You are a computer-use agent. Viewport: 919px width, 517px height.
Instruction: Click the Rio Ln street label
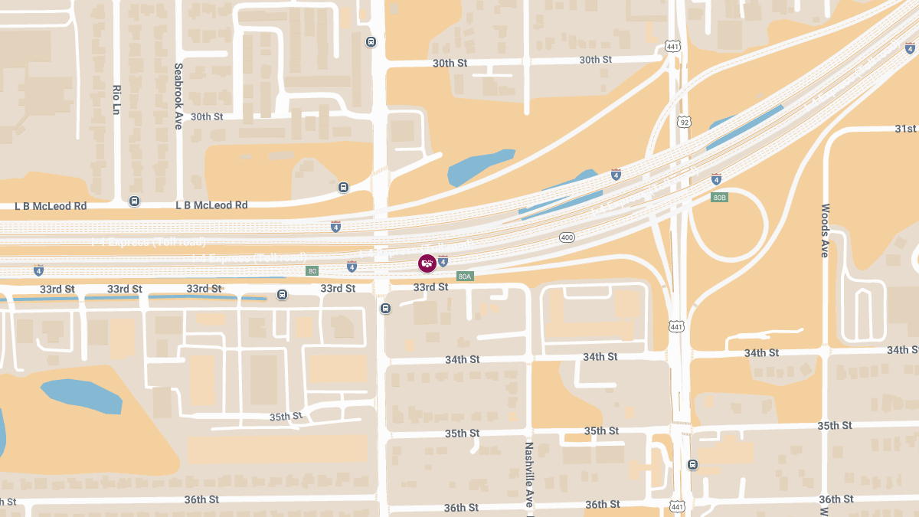[116, 100]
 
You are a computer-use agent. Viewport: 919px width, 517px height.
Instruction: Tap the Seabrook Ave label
[178, 96]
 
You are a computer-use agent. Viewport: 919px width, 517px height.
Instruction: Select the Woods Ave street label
[825, 230]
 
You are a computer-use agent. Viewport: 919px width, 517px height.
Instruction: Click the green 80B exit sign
[718, 198]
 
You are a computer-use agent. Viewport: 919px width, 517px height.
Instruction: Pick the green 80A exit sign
[464, 276]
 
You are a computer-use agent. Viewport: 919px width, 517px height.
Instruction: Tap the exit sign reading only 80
[312, 270]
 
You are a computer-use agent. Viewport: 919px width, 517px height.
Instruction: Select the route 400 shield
[567, 237]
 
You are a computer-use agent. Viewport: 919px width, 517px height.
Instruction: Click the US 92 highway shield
[684, 122]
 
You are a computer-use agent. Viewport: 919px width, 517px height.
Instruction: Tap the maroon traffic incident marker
[427, 263]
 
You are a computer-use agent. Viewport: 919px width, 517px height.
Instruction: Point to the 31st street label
[905, 128]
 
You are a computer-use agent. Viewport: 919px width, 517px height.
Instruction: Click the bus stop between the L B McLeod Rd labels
[135, 201]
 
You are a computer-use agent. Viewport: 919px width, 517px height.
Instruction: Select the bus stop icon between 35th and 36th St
[692, 464]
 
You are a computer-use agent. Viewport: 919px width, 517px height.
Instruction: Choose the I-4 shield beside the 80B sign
[716, 179]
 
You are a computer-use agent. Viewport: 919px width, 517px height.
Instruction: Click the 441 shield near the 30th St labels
[672, 47]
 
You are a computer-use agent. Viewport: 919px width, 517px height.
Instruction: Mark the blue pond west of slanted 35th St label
[80, 395]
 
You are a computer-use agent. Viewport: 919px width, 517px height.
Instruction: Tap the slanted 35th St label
[286, 417]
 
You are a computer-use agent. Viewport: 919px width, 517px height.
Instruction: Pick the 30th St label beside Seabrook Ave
[207, 116]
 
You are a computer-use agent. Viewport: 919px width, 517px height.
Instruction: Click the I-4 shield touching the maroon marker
[443, 261]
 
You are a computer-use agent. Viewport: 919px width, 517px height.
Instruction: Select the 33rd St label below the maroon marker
[430, 287]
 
